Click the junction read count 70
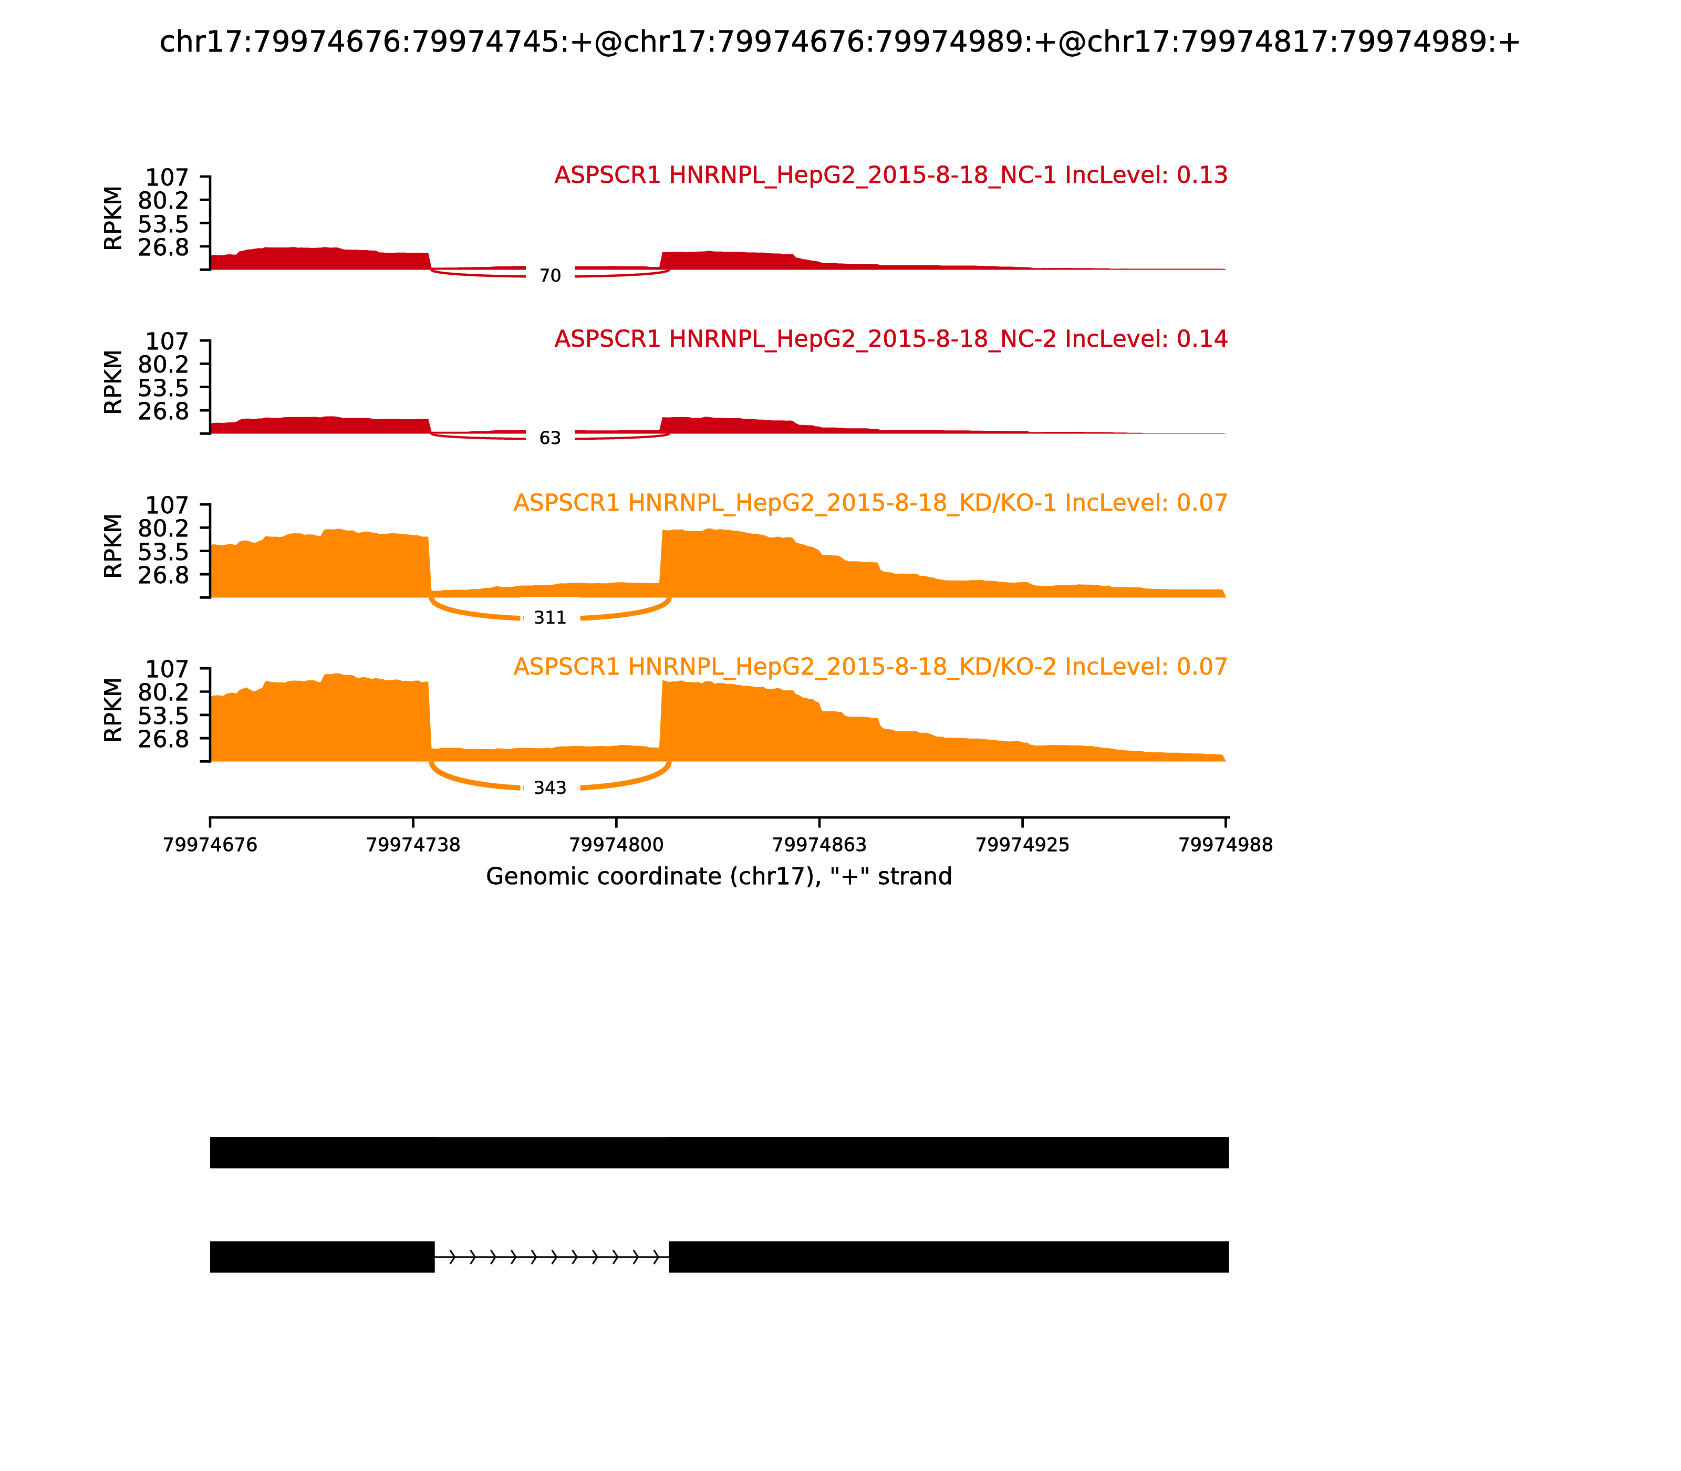(550, 276)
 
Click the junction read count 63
(550, 438)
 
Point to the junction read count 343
(550, 788)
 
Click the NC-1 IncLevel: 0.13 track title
(890, 175)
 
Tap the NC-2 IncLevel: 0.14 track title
(890, 339)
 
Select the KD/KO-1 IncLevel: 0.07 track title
(870, 503)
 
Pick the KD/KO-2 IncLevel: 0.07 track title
(870, 667)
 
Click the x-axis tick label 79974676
(210, 845)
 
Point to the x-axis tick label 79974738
(413, 845)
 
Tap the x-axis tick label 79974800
(616, 845)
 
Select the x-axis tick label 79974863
(819, 845)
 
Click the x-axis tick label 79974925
(1023, 845)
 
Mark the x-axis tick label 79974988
(1226, 845)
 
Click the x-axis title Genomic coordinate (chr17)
(719, 877)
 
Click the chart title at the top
(839, 42)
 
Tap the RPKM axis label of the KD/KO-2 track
(113, 710)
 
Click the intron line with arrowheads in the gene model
(552, 1257)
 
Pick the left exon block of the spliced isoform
(321, 1257)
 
